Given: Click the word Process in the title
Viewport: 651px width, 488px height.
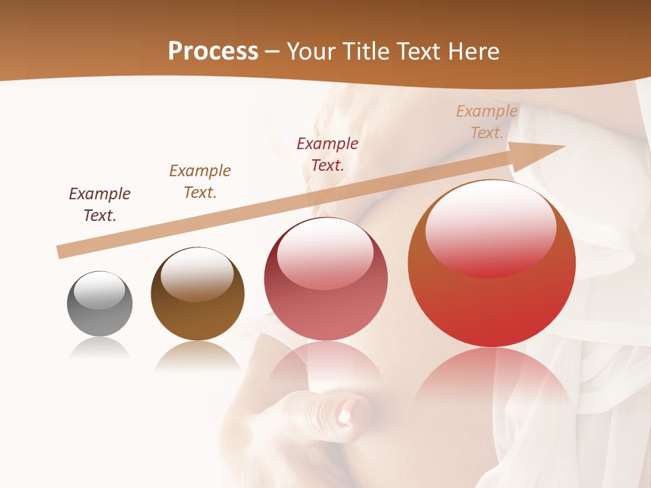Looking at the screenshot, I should tap(213, 52).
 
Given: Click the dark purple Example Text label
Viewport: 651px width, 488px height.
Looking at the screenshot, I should tap(100, 205).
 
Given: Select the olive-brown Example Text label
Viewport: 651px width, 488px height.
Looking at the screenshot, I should tap(200, 182).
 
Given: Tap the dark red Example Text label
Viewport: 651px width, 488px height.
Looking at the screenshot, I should tap(328, 155).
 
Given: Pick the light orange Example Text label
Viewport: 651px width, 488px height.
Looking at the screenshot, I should tap(487, 122).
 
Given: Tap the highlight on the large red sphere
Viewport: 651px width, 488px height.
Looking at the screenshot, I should tap(491, 227).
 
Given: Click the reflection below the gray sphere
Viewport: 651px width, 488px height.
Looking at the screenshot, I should tap(100, 348).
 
